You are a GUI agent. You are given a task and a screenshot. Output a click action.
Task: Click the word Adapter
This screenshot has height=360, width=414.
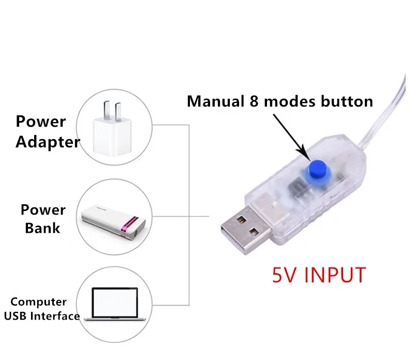tap(48, 142)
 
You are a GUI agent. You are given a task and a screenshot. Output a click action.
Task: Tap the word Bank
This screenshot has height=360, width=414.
tap(42, 227)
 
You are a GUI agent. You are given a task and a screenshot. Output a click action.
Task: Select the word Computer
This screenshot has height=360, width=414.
tap(39, 302)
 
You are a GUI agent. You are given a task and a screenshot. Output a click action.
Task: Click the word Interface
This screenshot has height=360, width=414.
tap(57, 316)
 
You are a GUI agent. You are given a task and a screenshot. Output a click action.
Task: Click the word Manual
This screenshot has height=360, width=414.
tap(213, 101)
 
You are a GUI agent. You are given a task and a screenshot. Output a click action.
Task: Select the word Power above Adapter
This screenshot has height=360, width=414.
tap(41, 122)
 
